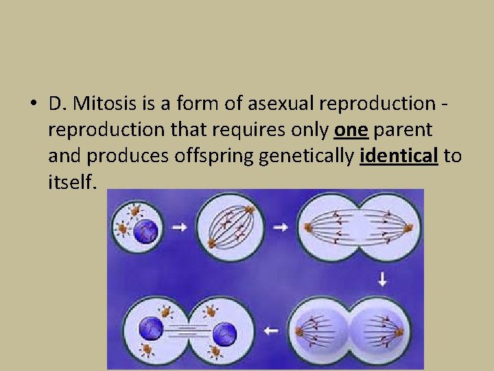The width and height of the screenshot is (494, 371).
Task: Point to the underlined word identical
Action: coord(399,157)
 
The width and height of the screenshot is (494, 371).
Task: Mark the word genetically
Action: coord(307,157)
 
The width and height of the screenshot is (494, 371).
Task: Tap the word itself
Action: coord(74,182)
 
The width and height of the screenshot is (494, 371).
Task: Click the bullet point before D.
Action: coord(33,104)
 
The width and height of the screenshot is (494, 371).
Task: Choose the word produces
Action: coord(117,157)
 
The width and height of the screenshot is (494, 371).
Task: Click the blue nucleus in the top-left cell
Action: coord(146,230)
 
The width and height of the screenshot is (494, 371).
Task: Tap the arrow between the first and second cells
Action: coord(180,227)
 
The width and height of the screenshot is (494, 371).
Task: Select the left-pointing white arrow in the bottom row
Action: coord(272,330)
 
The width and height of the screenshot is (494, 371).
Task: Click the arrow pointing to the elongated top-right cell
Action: coord(280,227)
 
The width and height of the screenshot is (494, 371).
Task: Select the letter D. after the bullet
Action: coord(58,104)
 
